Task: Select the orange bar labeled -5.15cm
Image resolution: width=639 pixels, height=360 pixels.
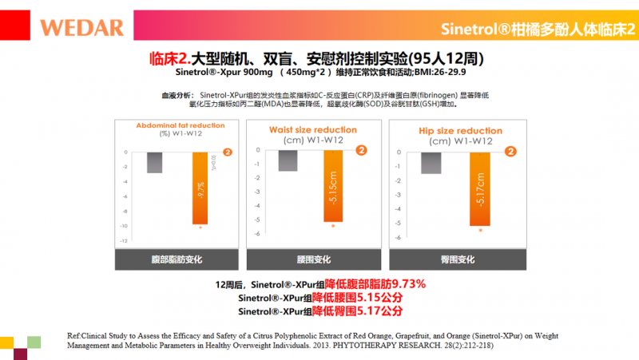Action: [334, 185]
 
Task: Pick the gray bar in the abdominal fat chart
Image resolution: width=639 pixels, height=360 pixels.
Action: [154, 162]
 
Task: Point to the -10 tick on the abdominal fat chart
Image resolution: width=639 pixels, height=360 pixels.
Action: [122, 226]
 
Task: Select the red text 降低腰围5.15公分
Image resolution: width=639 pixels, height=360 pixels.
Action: [356, 298]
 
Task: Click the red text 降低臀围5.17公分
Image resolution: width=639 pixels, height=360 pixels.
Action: [356, 311]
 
